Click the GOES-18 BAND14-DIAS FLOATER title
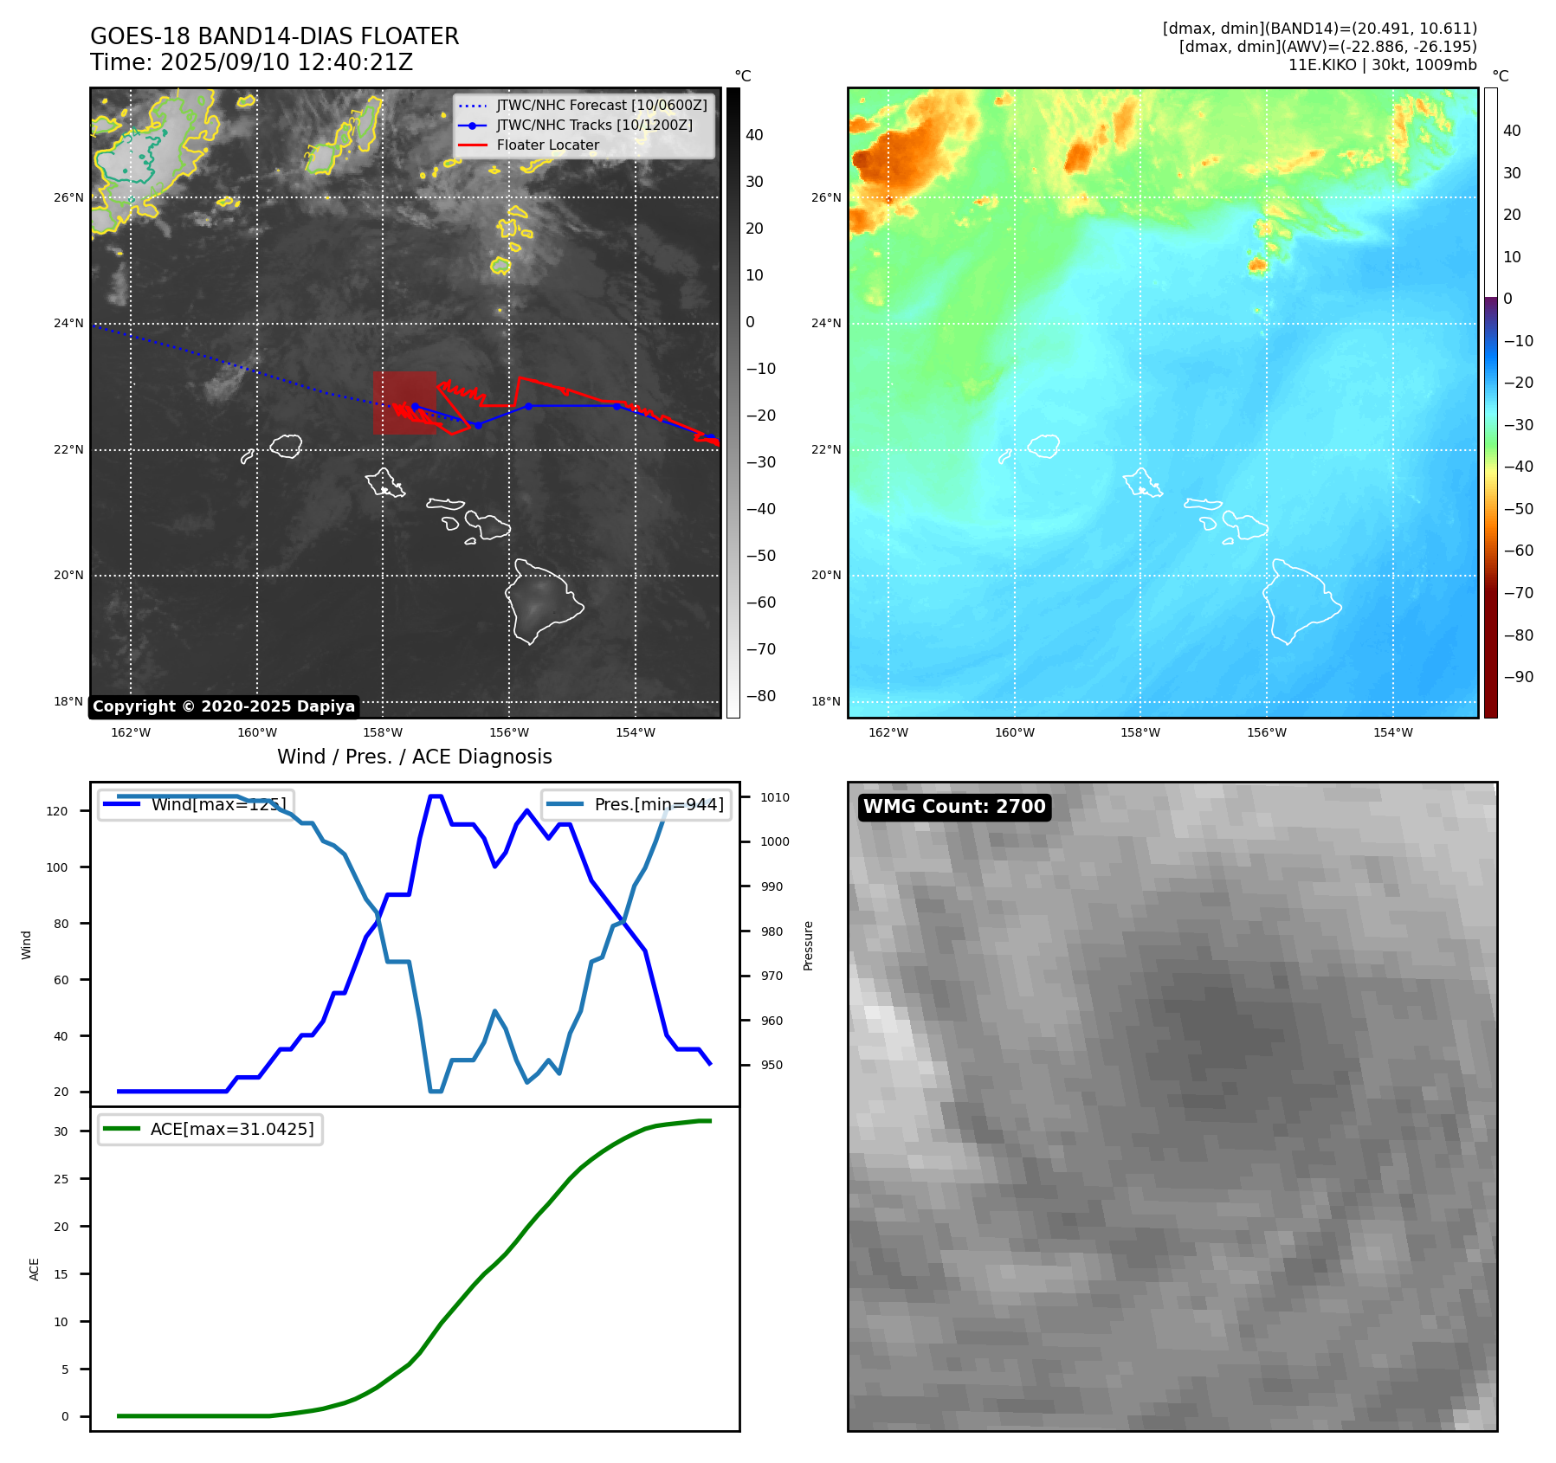point(274,36)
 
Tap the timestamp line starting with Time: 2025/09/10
point(251,62)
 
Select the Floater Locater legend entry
point(547,145)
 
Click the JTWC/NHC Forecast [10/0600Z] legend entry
point(601,105)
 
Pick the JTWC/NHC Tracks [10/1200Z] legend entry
point(594,125)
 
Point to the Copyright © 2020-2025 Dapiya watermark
point(223,706)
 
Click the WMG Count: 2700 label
point(954,807)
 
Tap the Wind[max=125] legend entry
point(218,804)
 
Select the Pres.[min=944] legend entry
point(658,804)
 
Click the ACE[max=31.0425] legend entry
point(231,1129)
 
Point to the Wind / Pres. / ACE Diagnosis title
point(414,757)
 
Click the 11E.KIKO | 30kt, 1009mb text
point(1382,65)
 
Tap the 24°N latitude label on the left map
point(68,324)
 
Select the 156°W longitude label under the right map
point(1266,732)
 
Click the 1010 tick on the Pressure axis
point(775,797)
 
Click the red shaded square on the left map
point(404,403)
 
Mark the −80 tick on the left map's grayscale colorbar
point(761,696)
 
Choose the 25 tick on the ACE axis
point(61,1179)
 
